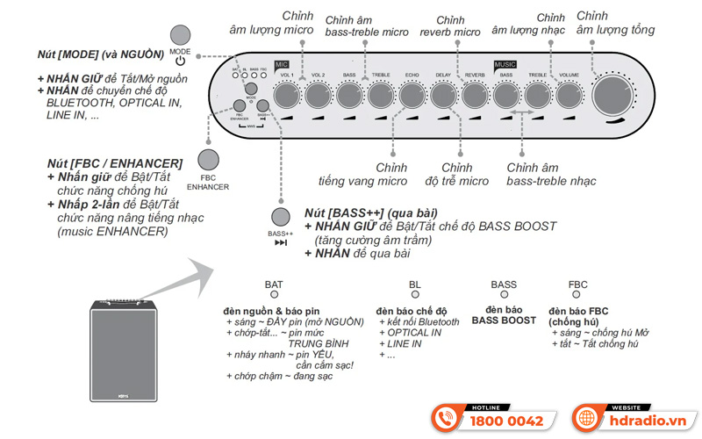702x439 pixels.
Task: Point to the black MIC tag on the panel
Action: point(282,65)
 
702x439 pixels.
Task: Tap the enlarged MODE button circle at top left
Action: point(180,36)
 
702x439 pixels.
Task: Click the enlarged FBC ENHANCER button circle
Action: point(209,161)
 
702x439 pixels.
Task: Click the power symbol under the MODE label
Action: point(180,61)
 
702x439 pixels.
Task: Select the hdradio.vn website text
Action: point(650,421)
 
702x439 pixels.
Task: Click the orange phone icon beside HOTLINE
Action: point(448,417)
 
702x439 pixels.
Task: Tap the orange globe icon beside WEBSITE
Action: point(586,417)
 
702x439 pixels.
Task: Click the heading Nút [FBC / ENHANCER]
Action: point(115,163)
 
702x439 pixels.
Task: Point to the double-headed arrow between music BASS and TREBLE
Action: point(521,115)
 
